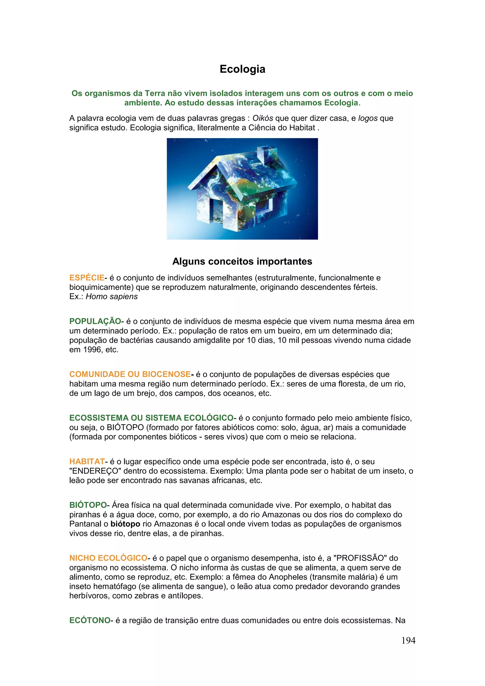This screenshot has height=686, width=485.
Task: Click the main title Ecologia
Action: click(242, 69)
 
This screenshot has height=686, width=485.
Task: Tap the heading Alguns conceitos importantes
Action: click(242, 262)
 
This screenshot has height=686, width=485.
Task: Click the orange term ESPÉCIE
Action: click(87, 278)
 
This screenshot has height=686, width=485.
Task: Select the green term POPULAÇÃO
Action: click(95, 321)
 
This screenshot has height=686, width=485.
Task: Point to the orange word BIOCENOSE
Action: click(166, 374)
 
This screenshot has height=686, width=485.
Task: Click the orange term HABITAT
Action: click(87, 462)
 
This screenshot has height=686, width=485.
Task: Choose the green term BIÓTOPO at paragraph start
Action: click(88, 505)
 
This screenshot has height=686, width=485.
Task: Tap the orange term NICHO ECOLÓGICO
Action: click(108, 558)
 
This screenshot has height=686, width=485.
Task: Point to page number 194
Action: click(408, 641)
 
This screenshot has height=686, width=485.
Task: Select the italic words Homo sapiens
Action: click(112, 297)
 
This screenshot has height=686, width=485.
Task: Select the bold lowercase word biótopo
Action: click(125, 524)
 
